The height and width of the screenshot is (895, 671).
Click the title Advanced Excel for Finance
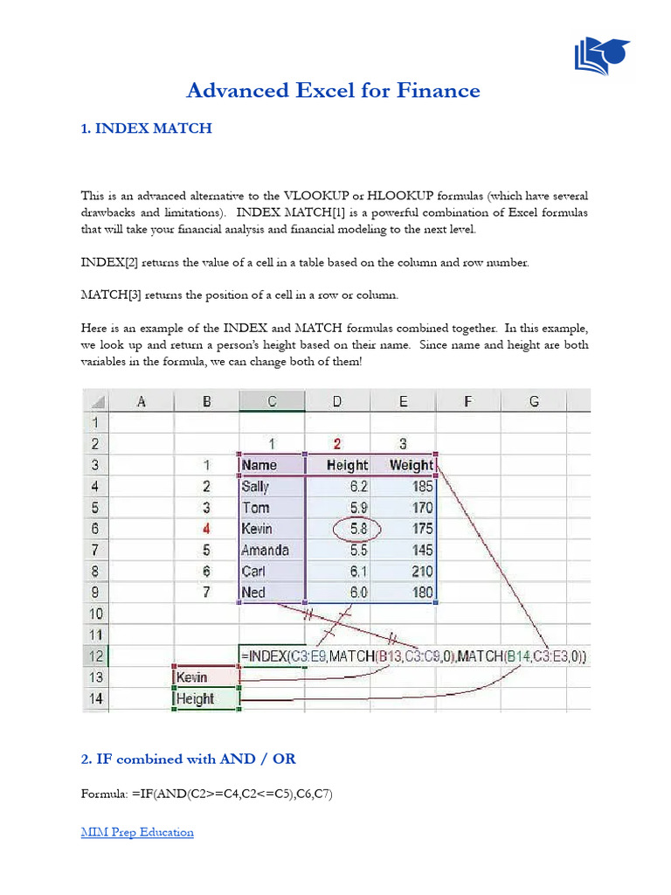[x=335, y=90]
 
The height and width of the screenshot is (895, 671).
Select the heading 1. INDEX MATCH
[x=147, y=128]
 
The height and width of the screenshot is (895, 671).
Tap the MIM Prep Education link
[x=137, y=832]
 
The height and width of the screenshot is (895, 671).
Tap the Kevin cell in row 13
[x=205, y=676]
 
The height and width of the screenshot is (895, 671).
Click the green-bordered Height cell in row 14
[x=205, y=698]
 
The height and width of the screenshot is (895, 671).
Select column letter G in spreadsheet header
[x=533, y=401]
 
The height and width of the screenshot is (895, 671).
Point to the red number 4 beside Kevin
[x=206, y=529]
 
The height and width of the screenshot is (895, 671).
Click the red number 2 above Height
[x=337, y=443]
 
